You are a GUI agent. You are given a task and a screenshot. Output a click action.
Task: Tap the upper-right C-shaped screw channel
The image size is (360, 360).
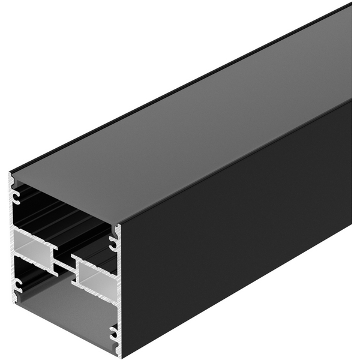[113, 242]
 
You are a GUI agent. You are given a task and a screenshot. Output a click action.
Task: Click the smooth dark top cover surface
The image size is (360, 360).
[180, 132]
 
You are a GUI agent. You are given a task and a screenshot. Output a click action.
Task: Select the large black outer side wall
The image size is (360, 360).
[240, 240]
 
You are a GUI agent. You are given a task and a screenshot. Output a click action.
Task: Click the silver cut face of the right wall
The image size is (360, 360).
[118, 288]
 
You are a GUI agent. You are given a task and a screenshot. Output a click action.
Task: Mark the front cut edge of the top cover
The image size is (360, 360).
[66, 200]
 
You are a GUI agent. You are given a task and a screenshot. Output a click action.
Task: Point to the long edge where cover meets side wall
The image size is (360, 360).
[240, 161]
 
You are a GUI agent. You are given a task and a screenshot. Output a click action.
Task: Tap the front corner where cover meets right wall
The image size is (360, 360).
[120, 224]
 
